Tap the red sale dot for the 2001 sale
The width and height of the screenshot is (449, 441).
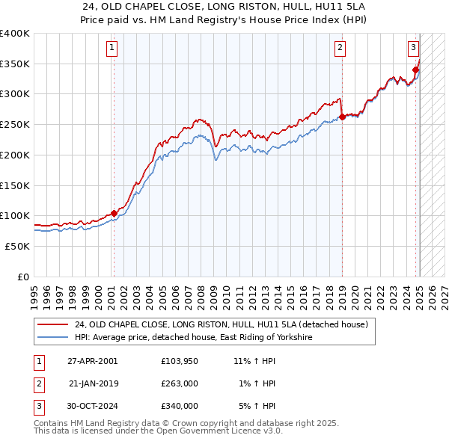click(114, 213)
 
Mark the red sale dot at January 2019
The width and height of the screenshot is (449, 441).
click(342, 117)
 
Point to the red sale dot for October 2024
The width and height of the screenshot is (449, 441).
click(415, 70)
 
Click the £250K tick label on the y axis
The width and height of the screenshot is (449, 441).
click(15, 125)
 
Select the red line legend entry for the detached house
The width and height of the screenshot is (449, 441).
click(221, 325)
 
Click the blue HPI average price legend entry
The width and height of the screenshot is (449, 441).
click(192, 338)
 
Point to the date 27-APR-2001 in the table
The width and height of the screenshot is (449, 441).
click(92, 361)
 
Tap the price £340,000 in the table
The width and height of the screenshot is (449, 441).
click(180, 406)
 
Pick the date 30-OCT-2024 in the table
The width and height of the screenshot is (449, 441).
click(92, 406)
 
